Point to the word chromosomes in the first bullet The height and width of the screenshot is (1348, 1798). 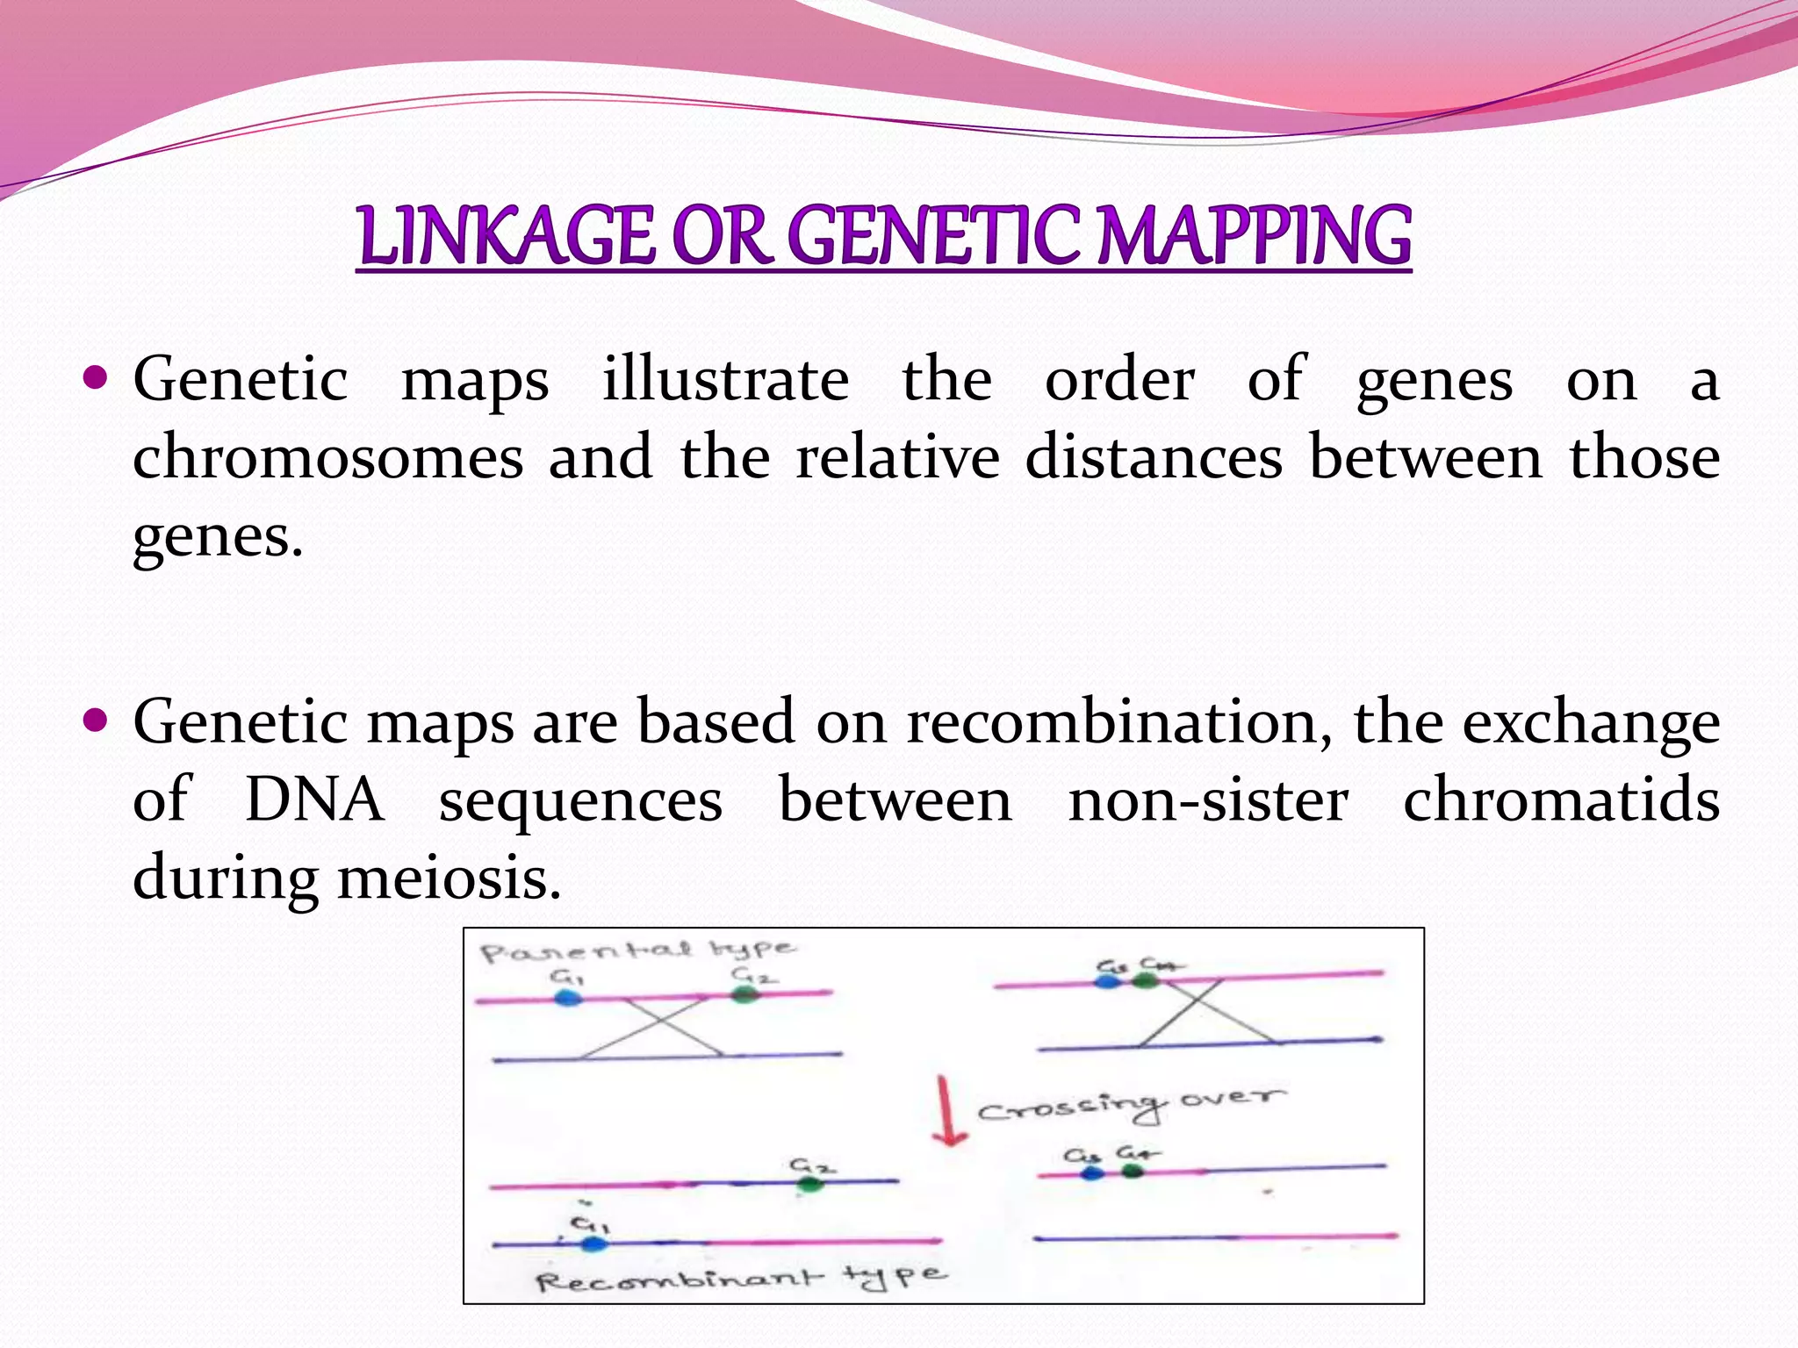pyautogui.click(x=327, y=457)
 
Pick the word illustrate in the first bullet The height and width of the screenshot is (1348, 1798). pyautogui.click(x=725, y=380)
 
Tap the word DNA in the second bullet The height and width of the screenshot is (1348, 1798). pyautogui.click(x=314, y=799)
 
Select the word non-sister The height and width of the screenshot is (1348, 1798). pyautogui.click(x=1207, y=799)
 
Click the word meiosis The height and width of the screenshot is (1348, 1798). pyautogui.click(x=449, y=878)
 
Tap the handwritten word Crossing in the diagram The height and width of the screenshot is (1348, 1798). pyautogui.click(x=1071, y=1108)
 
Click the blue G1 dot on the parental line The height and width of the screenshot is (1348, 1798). pyautogui.click(x=569, y=998)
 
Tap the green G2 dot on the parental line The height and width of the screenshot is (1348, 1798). pyautogui.click(x=744, y=994)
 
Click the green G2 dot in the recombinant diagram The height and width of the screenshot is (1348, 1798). pyautogui.click(x=809, y=1185)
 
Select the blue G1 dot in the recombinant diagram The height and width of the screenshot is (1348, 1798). pyautogui.click(x=594, y=1243)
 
